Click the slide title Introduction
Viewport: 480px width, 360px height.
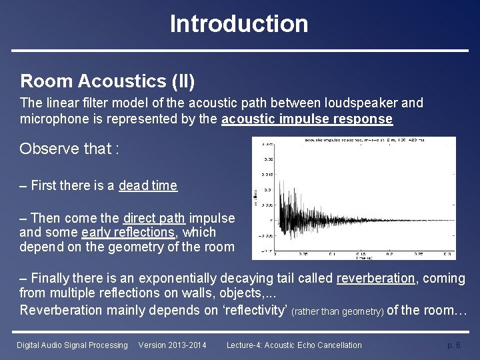tap(239, 24)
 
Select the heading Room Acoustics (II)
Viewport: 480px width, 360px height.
tap(107, 81)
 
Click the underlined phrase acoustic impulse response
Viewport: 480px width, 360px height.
tap(307, 119)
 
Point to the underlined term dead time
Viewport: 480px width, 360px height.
tap(148, 185)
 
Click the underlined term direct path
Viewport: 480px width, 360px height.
tap(154, 218)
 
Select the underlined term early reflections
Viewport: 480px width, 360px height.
tap(128, 232)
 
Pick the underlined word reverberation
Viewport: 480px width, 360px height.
tap(376, 278)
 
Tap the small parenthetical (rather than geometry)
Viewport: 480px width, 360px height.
tap(337, 311)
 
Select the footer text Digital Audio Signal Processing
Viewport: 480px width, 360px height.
tap(72, 345)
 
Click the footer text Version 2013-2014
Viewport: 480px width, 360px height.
tap(172, 345)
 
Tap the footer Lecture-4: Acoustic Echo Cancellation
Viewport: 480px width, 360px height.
tap(294, 345)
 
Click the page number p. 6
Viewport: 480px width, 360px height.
tap(453, 345)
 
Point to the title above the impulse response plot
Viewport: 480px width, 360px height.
tap(363, 140)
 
